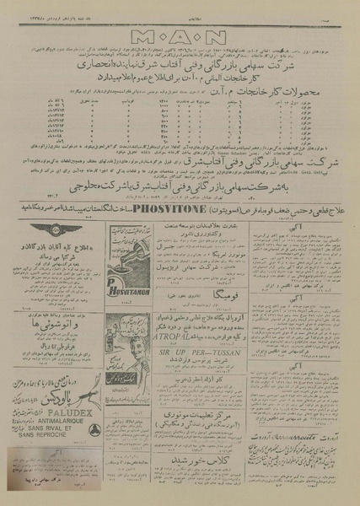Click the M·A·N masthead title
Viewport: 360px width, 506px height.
(179, 36)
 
